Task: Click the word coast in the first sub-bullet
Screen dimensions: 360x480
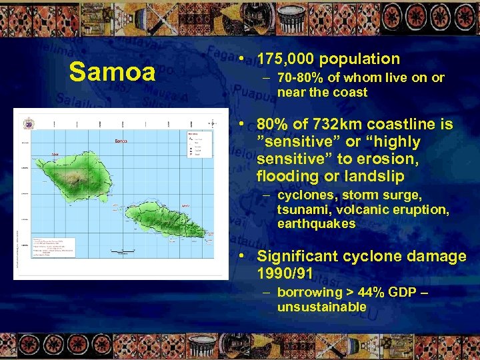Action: coord(350,92)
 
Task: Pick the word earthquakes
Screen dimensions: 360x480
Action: coord(316,223)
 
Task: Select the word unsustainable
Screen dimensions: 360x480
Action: coord(321,307)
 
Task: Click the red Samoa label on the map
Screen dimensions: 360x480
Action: coord(121,141)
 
